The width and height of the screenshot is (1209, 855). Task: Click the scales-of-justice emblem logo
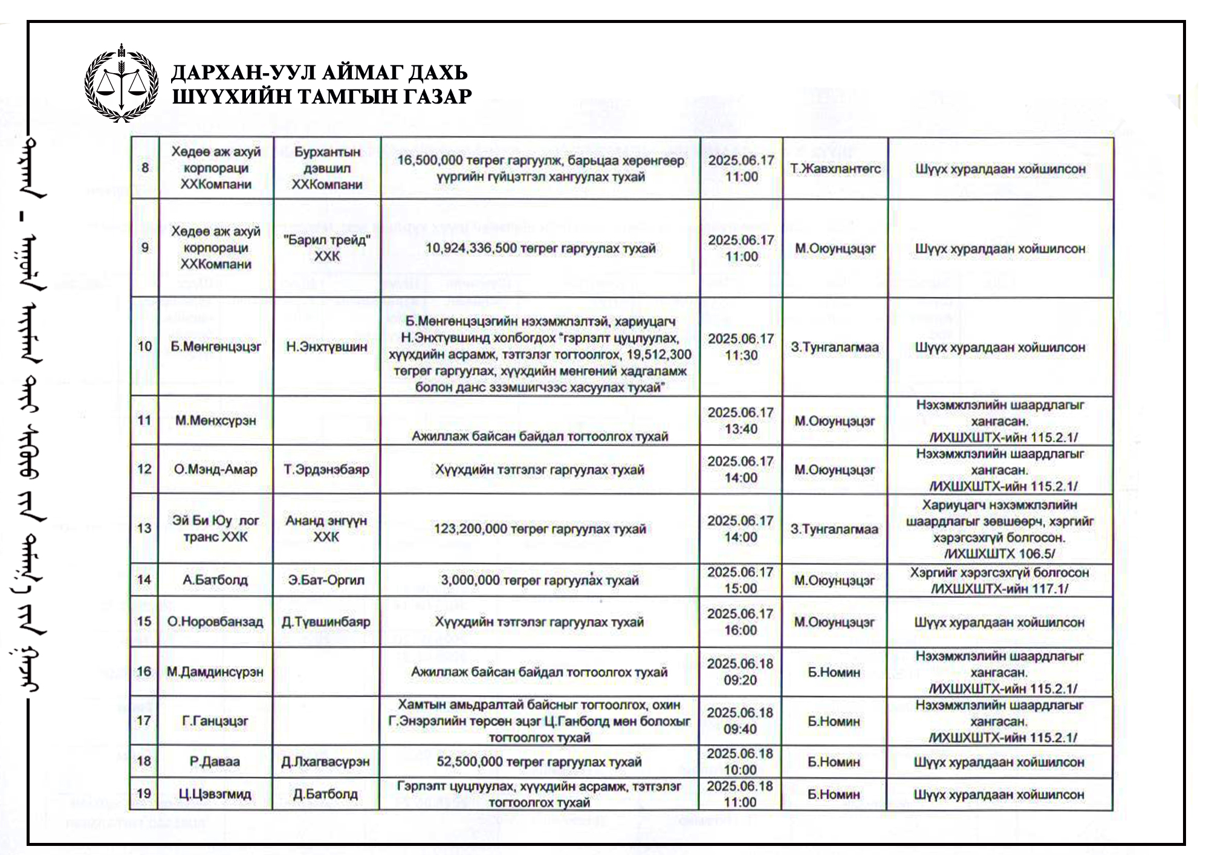tap(121, 83)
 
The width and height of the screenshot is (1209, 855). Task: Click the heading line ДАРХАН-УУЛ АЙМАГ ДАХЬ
tap(319, 73)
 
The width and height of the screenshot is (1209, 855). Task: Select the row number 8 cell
tap(144, 168)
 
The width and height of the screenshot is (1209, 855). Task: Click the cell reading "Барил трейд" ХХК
tap(327, 248)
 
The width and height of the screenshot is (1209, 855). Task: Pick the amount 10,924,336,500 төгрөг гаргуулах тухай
tap(540, 249)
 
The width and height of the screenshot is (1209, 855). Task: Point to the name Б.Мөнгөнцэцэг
tap(216, 347)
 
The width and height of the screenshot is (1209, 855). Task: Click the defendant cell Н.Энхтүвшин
tap(326, 347)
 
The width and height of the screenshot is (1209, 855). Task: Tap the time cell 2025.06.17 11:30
tap(741, 346)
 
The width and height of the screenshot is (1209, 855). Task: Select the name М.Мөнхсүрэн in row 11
tap(216, 420)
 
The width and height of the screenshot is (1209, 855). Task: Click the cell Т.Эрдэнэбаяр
tap(326, 469)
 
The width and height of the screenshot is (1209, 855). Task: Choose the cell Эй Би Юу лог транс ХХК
tap(216, 528)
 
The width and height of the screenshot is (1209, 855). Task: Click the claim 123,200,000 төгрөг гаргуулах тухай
tap(540, 529)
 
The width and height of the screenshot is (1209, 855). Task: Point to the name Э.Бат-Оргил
tap(326, 580)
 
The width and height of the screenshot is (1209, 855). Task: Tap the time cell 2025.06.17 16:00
tap(741, 622)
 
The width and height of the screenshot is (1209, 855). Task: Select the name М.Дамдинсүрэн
tap(215, 672)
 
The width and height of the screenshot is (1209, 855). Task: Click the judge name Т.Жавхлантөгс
tap(835, 169)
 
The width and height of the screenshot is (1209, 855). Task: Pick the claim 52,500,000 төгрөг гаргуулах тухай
tap(539, 762)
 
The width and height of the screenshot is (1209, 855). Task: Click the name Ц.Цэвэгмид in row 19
tap(215, 794)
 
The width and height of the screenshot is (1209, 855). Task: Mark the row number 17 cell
tap(144, 721)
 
